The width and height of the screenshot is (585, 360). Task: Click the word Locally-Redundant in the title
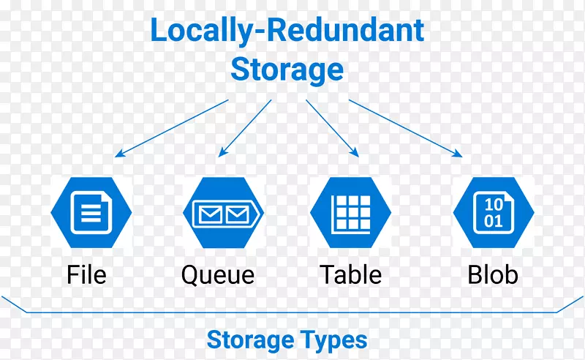287,31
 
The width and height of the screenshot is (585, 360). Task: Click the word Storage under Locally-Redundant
287,70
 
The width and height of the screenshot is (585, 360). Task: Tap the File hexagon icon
91,213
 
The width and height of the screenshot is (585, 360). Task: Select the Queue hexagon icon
224,213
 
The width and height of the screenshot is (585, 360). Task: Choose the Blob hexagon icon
494,213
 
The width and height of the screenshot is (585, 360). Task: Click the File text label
86,275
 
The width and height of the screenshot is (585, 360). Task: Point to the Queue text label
218,275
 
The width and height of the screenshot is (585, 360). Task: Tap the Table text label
351,275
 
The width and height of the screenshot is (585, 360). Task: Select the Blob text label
493,275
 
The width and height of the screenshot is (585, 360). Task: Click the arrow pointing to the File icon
172,129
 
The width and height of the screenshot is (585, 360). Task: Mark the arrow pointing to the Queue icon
245,129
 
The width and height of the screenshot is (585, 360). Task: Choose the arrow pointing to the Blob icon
406,128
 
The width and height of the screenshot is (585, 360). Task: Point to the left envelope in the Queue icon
208,214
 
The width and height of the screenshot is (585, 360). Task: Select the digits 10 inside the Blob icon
494,203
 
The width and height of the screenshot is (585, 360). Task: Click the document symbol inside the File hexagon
91,213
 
